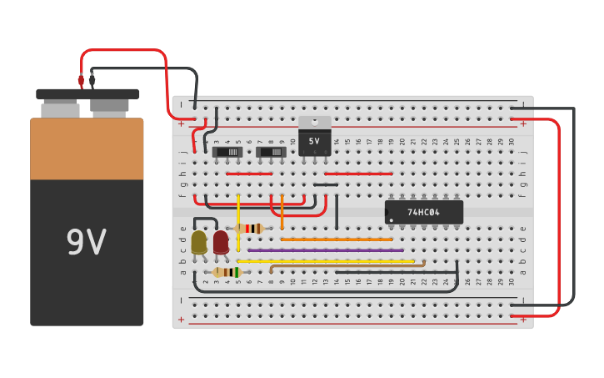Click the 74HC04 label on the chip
[x=423, y=213]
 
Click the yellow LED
[x=199, y=243]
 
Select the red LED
[x=221, y=243]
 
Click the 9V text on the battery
[x=86, y=243]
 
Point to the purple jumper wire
[x=325, y=249]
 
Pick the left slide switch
[x=227, y=152]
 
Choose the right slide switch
[x=271, y=152]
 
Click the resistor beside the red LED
[x=249, y=229]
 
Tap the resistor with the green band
[x=227, y=272]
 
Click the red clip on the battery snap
[x=81, y=81]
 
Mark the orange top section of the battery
[x=87, y=149]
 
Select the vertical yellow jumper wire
[x=238, y=221]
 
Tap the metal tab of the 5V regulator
[x=314, y=122]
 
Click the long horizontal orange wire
[x=337, y=239]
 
